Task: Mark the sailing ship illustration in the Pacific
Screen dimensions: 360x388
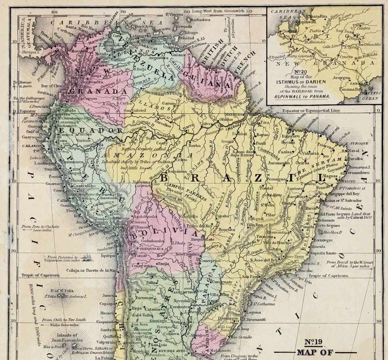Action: click(88, 257)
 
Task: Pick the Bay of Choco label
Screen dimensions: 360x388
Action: click(54, 86)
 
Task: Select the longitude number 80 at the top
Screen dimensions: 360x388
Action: click(54, 11)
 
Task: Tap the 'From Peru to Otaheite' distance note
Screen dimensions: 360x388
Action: click(40, 229)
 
